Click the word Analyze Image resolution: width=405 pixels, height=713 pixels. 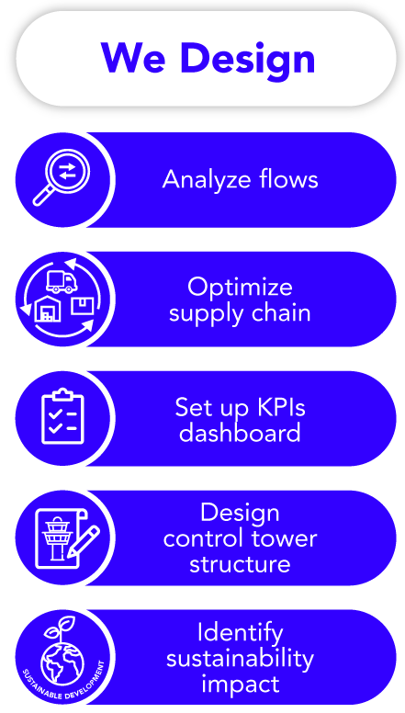pos(206,179)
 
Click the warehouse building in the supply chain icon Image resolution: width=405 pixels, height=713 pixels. pos(47,309)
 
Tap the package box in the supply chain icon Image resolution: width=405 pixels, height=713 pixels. pos(82,305)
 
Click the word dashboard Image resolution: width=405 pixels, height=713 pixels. pos(240,432)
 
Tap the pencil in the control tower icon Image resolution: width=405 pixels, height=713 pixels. pos(84,541)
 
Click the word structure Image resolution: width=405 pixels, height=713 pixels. pos(240,564)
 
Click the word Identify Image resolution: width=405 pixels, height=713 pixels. pos(240,634)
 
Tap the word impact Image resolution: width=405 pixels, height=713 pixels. pos(240,685)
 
